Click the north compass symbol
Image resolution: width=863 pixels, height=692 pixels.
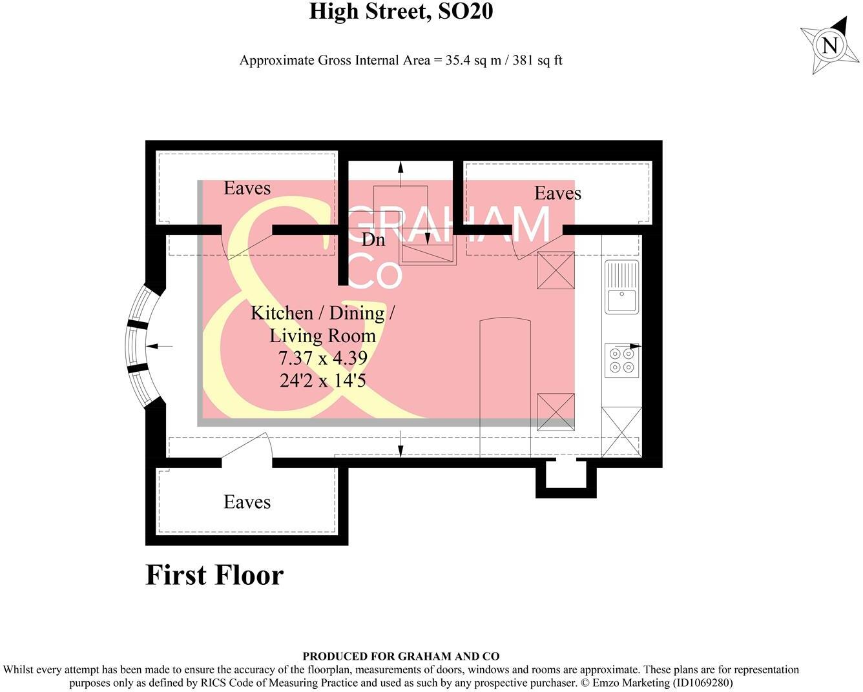[x=830, y=45]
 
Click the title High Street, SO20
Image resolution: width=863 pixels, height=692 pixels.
[x=400, y=12]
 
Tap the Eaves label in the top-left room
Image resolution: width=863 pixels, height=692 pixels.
[x=247, y=188]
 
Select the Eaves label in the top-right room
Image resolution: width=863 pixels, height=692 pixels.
[x=557, y=193]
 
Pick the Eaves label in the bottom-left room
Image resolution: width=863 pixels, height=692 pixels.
[x=247, y=502]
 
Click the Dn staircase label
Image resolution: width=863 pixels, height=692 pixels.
[x=373, y=239]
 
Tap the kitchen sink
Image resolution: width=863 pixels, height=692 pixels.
[x=621, y=287]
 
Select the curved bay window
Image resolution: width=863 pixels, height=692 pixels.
[x=139, y=346]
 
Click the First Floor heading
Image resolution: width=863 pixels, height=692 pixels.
[x=214, y=575]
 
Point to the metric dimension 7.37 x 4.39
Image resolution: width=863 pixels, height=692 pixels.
[x=322, y=358]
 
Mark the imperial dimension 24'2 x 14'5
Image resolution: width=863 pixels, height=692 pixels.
[x=322, y=380]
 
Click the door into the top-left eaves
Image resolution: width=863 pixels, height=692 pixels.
[x=245, y=243]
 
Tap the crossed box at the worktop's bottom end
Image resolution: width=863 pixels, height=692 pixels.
[x=621, y=432]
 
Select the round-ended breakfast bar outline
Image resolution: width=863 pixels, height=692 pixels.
[x=505, y=387]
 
